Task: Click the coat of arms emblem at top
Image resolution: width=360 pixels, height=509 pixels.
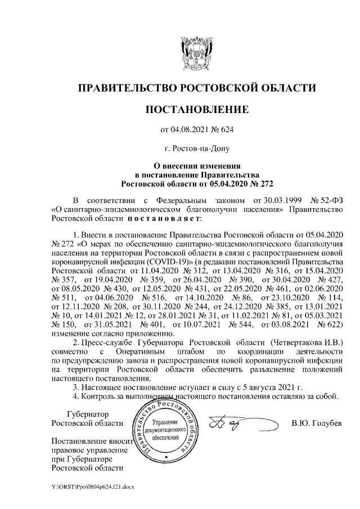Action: click(196, 51)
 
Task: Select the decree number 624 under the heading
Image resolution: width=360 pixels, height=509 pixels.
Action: click(227, 130)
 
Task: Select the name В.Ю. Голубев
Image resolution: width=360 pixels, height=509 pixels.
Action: click(317, 423)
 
